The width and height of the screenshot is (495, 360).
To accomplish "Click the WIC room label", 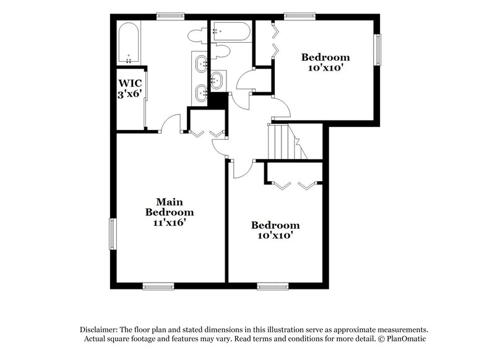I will pyautogui.click(x=130, y=82).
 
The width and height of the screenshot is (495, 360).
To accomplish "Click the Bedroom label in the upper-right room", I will pyautogui.click(x=325, y=58).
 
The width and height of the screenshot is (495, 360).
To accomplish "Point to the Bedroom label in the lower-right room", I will pyautogui.click(x=275, y=225).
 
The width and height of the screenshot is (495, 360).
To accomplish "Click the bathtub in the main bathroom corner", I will pyautogui.click(x=129, y=43).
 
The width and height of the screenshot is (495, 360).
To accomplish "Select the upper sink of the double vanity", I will pyautogui.click(x=202, y=62).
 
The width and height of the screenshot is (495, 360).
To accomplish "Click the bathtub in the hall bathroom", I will pyautogui.click(x=230, y=32).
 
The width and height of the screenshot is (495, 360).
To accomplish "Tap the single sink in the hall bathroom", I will pyautogui.click(x=217, y=79).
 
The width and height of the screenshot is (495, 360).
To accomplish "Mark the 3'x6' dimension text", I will pyautogui.click(x=131, y=94).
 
